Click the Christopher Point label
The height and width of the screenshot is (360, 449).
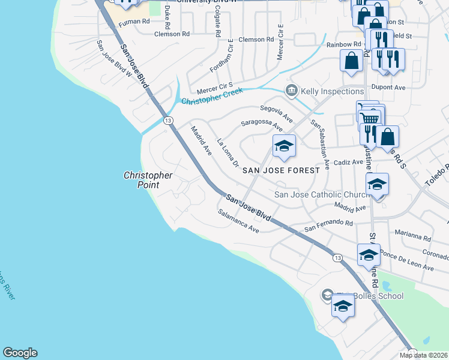[x=148, y=180]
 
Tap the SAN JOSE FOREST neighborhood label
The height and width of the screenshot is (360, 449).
[x=281, y=170]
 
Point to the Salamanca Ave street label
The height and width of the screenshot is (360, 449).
[x=238, y=221]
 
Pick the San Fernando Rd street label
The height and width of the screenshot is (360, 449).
[x=328, y=225]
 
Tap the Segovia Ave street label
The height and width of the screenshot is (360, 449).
[x=276, y=112]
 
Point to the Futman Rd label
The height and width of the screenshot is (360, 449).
[x=133, y=22]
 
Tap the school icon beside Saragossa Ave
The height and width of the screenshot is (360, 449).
[x=285, y=146]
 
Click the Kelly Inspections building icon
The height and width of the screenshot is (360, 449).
[x=292, y=91]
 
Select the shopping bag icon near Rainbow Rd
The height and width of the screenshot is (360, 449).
[x=351, y=61]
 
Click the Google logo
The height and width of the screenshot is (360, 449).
[x=20, y=353]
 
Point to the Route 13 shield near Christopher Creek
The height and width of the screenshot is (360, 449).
[x=169, y=121]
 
